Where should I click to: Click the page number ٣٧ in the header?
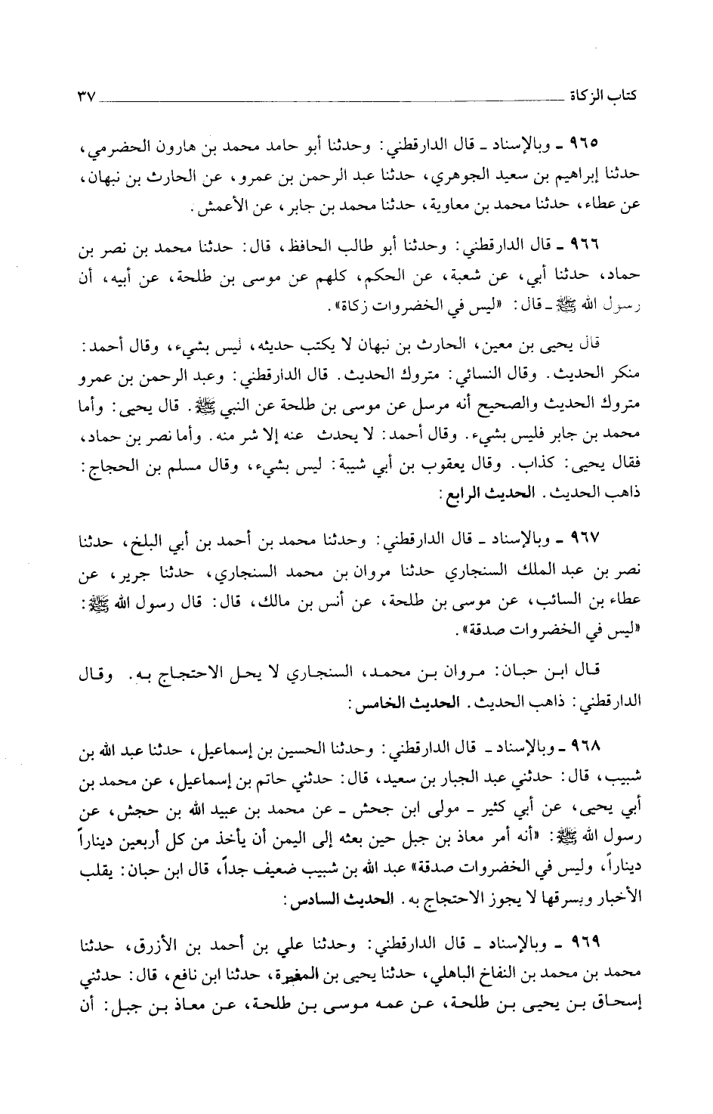click(81, 97)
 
